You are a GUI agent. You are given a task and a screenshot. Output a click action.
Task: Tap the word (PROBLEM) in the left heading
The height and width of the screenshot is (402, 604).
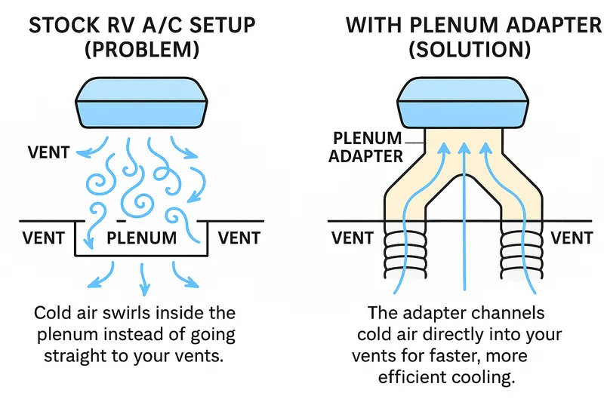click(x=142, y=49)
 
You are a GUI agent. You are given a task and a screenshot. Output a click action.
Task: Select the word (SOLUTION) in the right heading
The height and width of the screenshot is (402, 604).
click(x=470, y=49)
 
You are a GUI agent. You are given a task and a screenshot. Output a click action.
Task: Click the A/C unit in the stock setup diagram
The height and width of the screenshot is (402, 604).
click(x=141, y=103)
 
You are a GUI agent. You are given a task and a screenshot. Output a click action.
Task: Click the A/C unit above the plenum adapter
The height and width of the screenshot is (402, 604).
click(x=463, y=103)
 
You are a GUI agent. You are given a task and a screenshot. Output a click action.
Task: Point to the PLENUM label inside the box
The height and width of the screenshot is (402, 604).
click(x=141, y=238)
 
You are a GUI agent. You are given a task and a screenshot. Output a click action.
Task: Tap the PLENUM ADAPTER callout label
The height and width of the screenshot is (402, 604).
click(x=365, y=147)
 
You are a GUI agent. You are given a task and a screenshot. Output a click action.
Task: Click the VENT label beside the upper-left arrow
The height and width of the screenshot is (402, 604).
click(x=48, y=152)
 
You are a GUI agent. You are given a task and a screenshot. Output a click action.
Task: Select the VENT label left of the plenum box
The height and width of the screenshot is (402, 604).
click(x=43, y=238)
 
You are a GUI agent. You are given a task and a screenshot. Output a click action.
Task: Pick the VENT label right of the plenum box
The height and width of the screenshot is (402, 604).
click(x=239, y=238)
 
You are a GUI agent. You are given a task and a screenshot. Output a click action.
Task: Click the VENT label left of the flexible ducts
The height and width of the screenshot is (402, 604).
click(x=353, y=238)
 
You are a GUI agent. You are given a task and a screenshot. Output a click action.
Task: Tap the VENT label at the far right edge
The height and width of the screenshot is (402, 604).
click(x=572, y=238)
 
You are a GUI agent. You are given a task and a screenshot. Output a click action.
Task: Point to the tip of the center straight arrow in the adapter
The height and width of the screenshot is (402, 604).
click(x=464, y=143)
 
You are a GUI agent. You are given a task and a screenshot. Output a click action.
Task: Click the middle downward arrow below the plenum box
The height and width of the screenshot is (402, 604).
click(x=143, y=279)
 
